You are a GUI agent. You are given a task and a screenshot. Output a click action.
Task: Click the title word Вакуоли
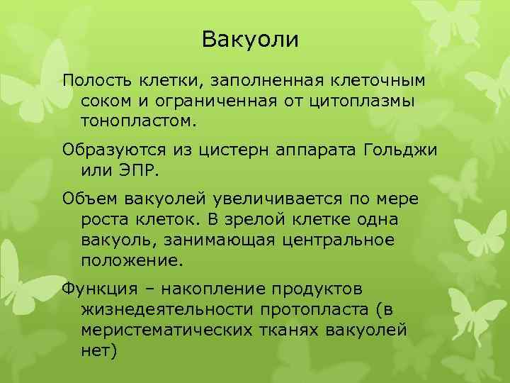(x=250, y=40)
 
